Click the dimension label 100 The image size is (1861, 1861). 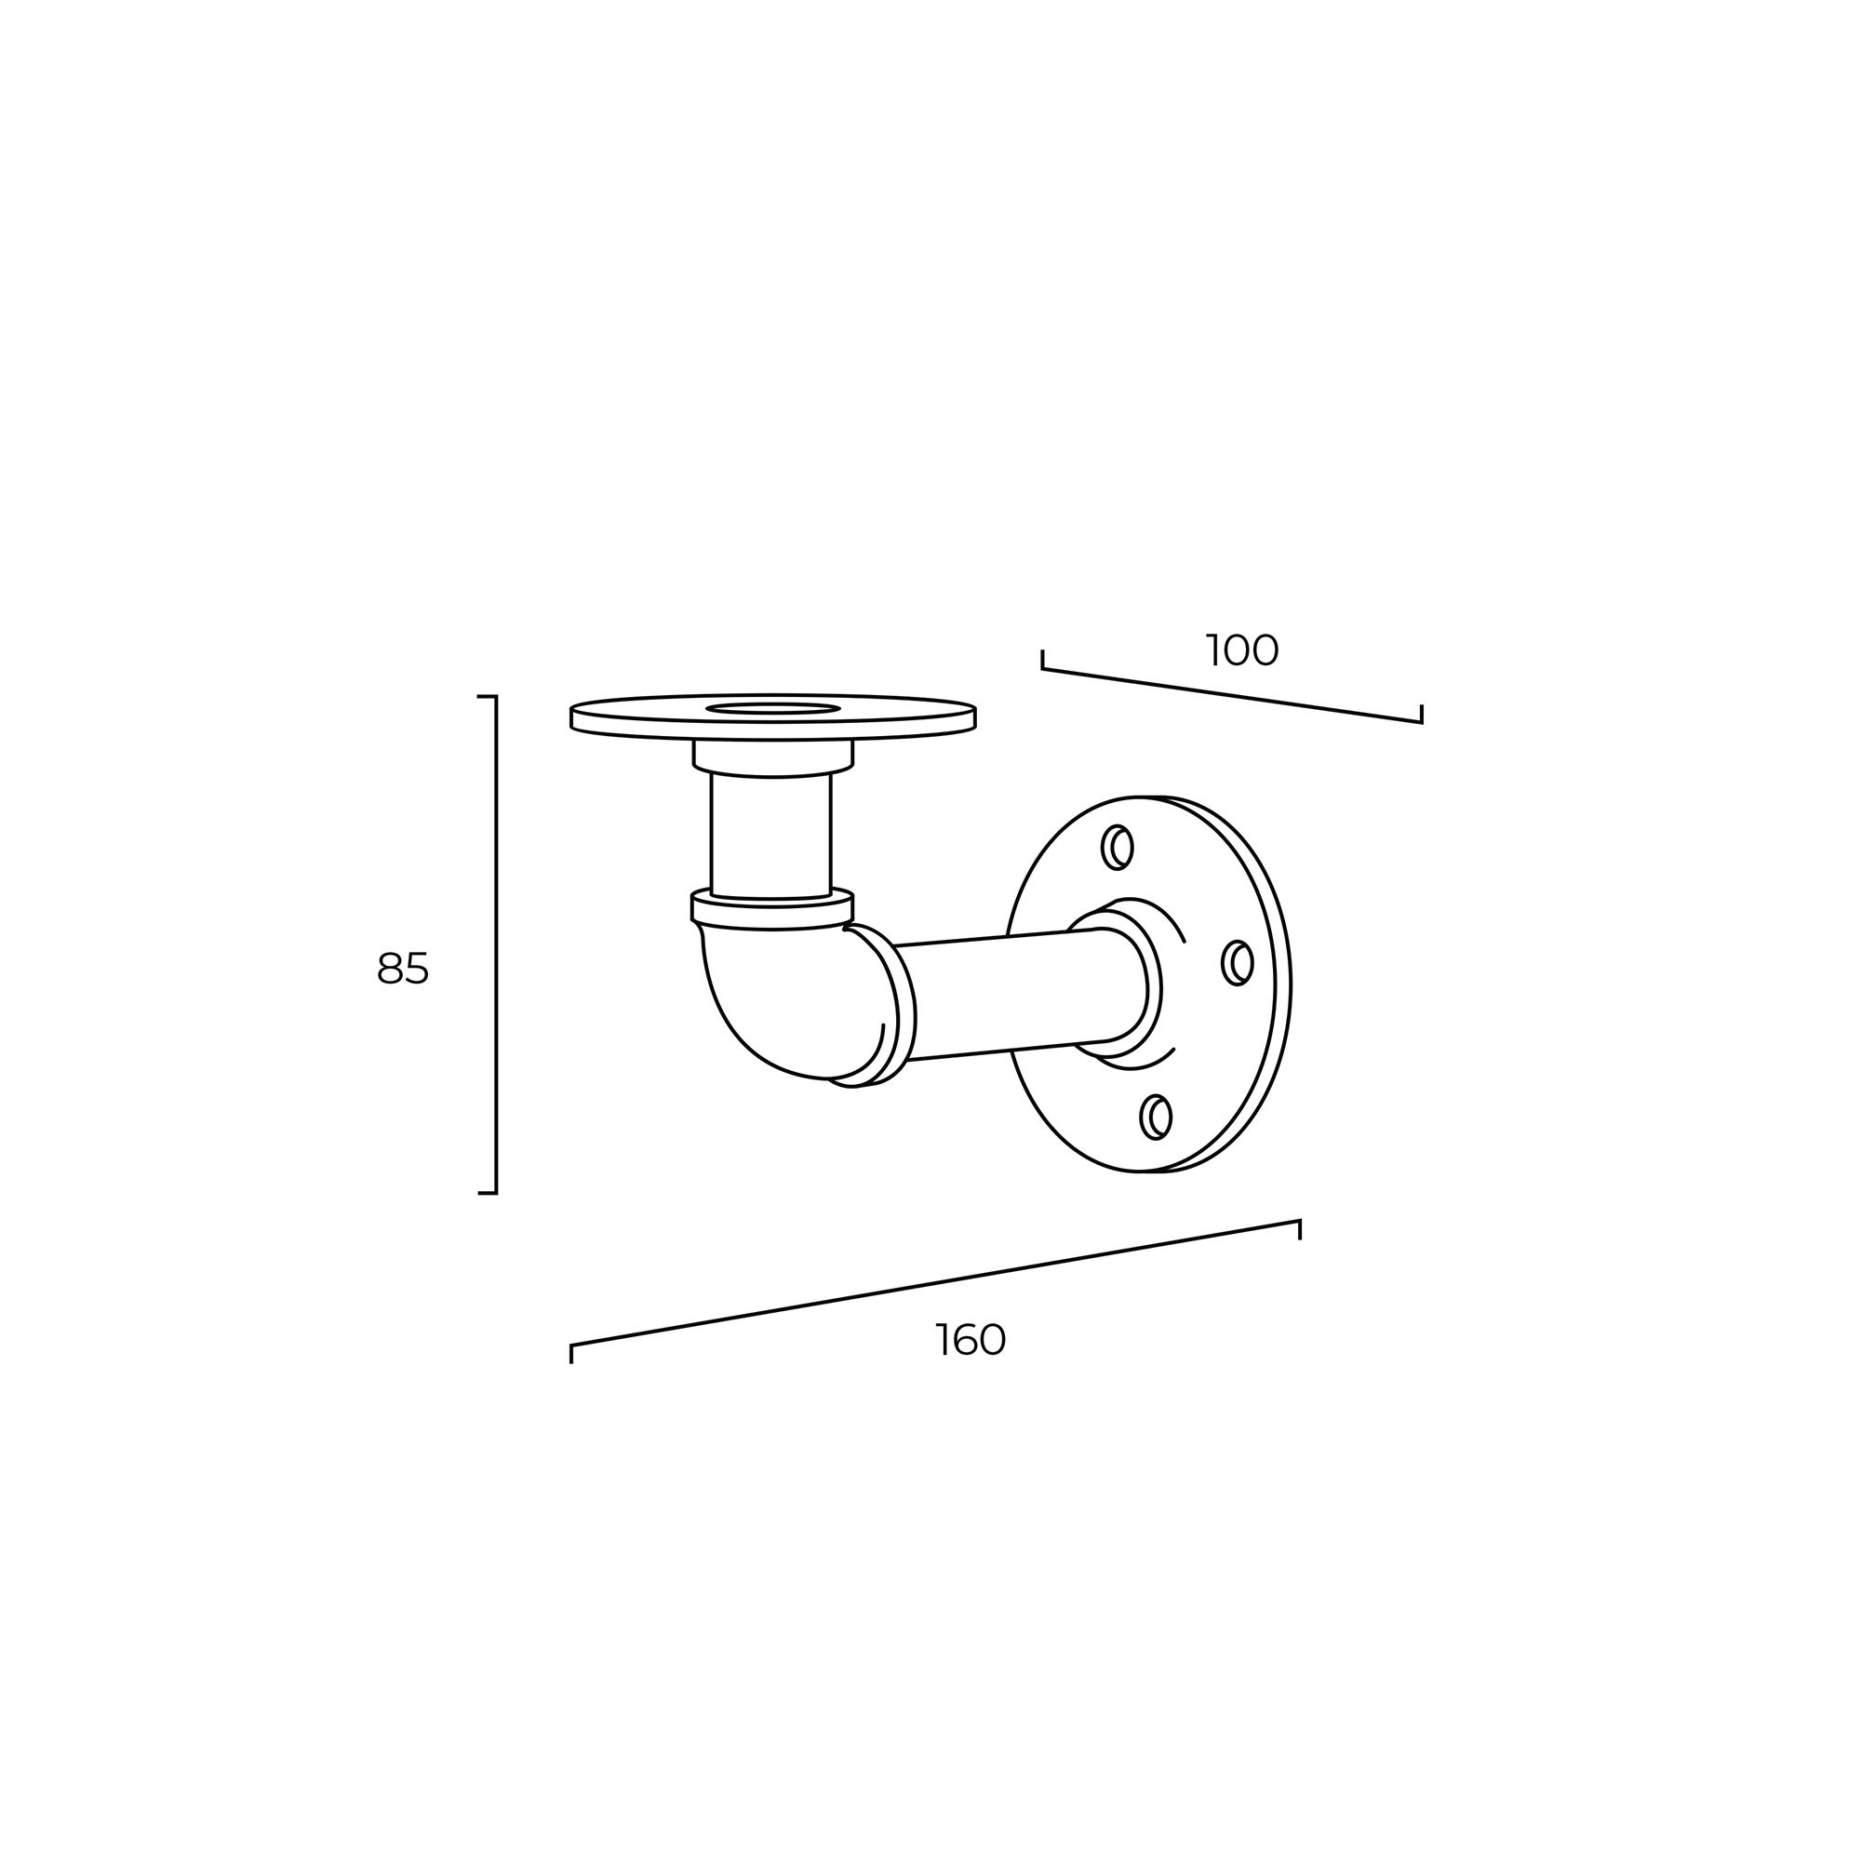point(1241,651)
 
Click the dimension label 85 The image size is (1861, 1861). point(403,968)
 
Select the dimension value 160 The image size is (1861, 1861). point(971,1340)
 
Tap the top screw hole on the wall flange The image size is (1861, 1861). point(1118,848)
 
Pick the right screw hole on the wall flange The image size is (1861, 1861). point(1238,962)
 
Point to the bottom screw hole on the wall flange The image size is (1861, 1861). point(1156,1118)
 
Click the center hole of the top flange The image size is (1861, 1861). point(770,710)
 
